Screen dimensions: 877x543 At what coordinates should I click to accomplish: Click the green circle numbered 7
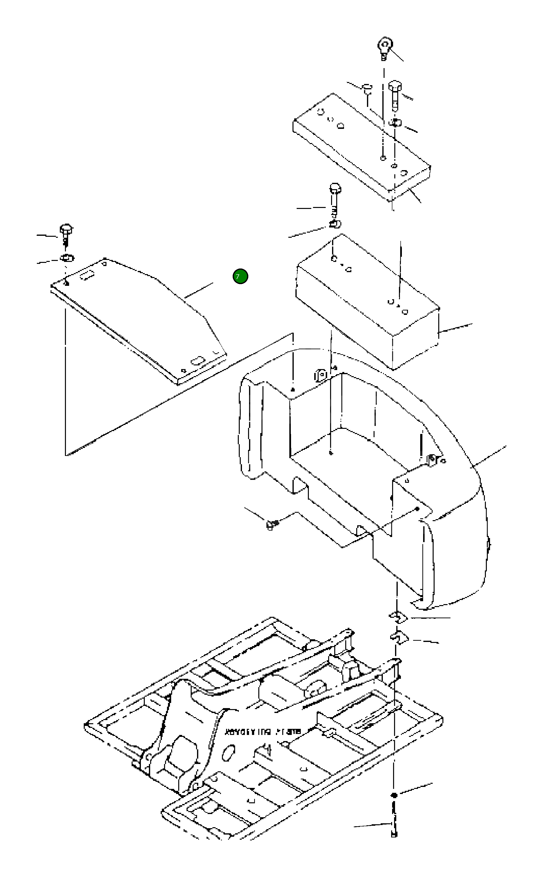coord(240,276)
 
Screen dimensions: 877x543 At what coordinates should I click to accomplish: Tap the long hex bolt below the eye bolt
coord(395,94)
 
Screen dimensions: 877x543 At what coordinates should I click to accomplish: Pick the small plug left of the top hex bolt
coord(367,89)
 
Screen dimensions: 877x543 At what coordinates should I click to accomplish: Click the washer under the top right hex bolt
coord(395,123)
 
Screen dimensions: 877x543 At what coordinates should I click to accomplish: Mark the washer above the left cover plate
coord(67,258)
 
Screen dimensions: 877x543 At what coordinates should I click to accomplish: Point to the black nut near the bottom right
coord(394,795)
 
